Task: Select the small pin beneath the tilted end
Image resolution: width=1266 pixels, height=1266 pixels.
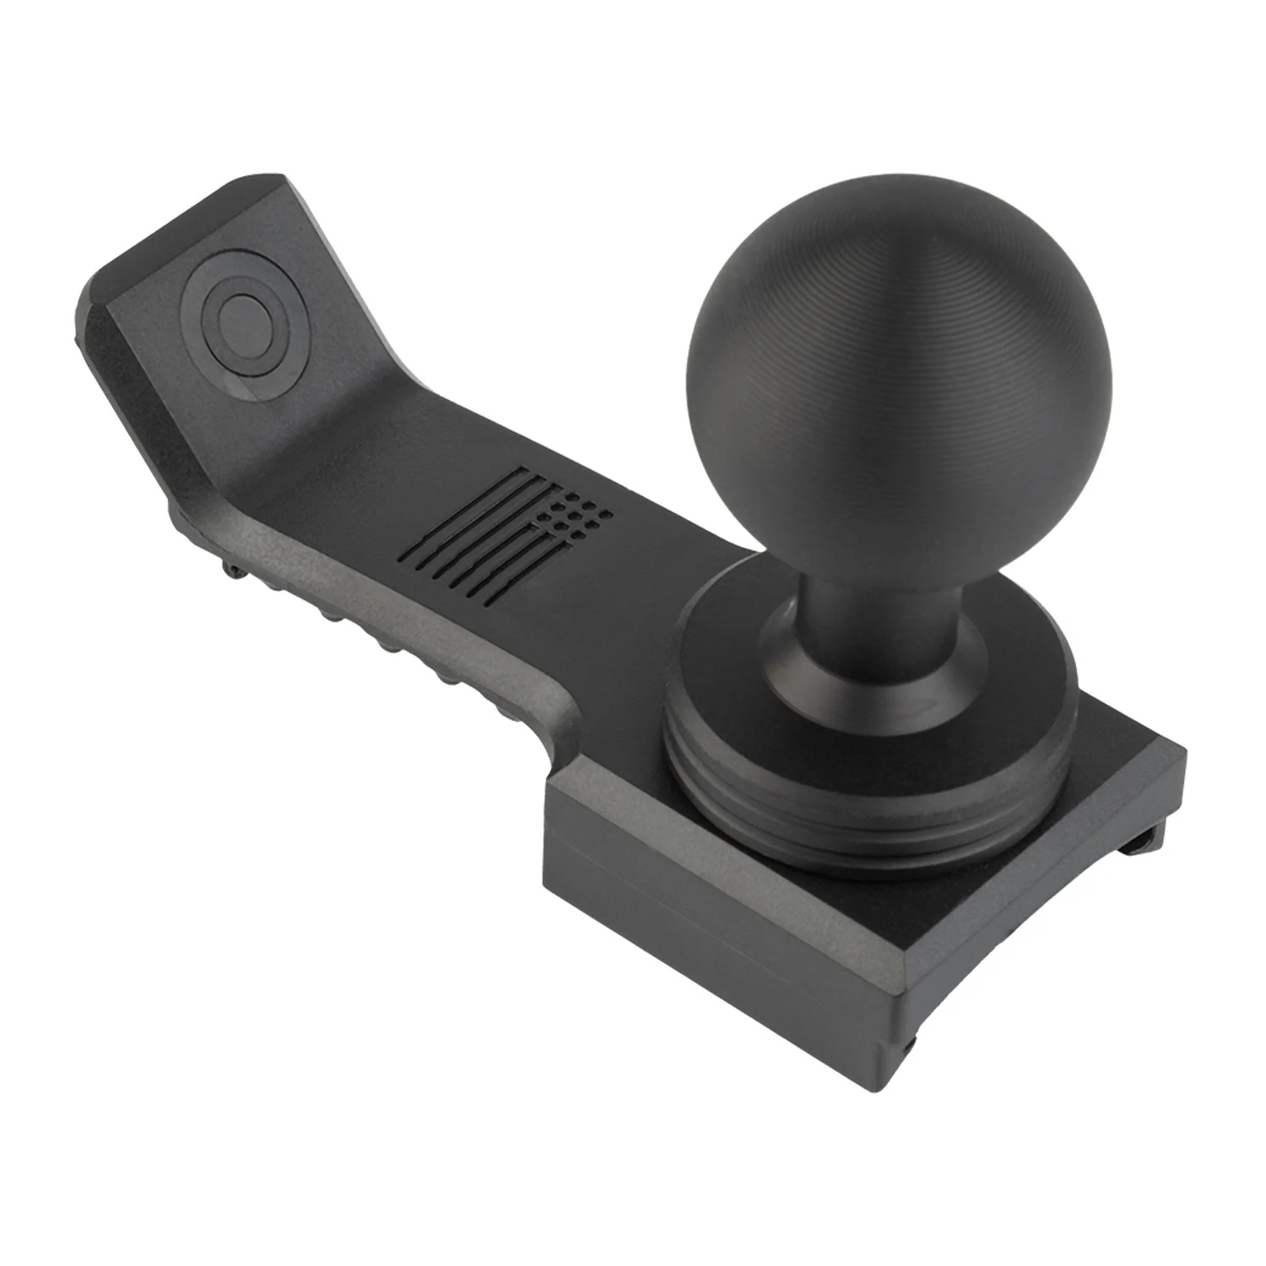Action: pos(232,571)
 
